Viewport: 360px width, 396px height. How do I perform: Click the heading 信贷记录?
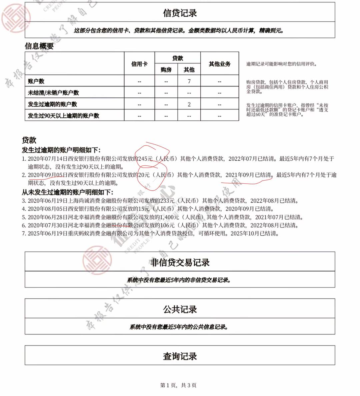point(180,13)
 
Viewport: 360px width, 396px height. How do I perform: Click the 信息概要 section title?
point(39,46)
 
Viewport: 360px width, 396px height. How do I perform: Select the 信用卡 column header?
point(139,64)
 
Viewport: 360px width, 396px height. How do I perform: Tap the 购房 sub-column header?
point(166,70)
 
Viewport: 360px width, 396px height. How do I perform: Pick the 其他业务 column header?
point(219,64)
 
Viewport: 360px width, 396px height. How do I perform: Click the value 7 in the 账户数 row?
point(189,81)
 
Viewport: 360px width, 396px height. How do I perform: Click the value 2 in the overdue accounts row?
point(189,104)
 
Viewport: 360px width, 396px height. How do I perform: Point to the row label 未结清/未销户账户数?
point(53,93)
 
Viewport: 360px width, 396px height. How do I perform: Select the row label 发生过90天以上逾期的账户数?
point(63,116)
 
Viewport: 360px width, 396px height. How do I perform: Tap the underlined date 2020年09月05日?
point(45,175)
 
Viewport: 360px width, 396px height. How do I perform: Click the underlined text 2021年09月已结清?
point(248,175)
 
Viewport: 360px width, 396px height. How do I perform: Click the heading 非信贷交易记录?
point(180,262)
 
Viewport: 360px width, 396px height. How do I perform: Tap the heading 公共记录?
point(180,309)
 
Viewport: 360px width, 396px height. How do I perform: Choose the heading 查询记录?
point(180,356)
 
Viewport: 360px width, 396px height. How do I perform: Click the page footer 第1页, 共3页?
point(178,385)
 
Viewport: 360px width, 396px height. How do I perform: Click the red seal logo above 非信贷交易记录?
point(97,260)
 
